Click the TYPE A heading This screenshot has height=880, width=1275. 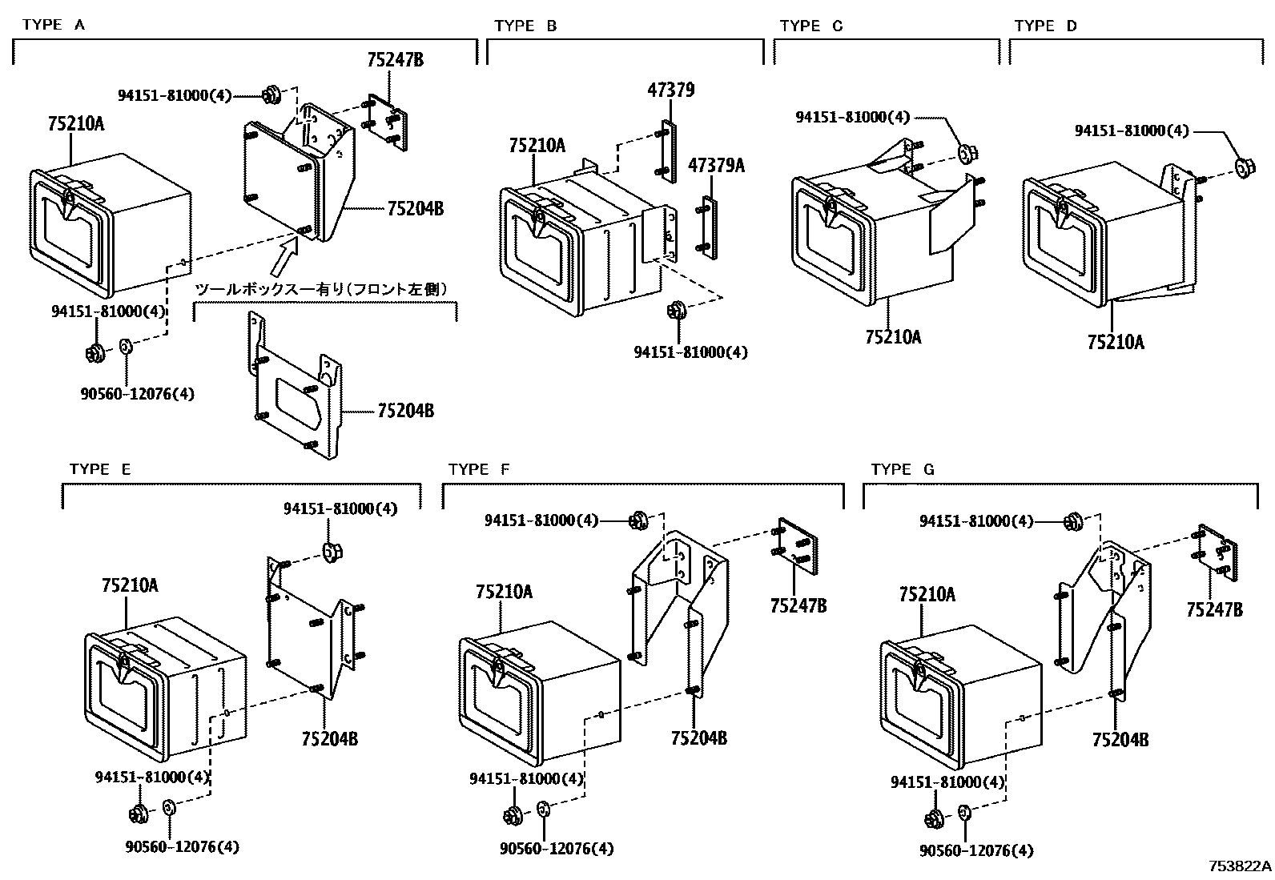coord(54,25)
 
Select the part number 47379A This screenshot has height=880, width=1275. coord(716,166)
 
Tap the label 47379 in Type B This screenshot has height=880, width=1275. coord(670,90)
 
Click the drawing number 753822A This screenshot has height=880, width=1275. coord(1240,866)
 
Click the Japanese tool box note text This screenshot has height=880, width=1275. coord(320,288)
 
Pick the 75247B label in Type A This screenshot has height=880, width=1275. coord(395,59)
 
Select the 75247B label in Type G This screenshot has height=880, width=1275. coord(1214,609)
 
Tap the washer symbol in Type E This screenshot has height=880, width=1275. coord(170,806)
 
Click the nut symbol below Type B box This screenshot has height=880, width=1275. coord(675,309)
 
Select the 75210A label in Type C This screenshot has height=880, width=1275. coord(893,337)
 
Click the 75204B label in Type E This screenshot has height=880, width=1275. coord(329,737)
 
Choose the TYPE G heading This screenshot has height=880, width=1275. coord(902,469)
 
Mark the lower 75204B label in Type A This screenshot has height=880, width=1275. coord(405,411)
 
